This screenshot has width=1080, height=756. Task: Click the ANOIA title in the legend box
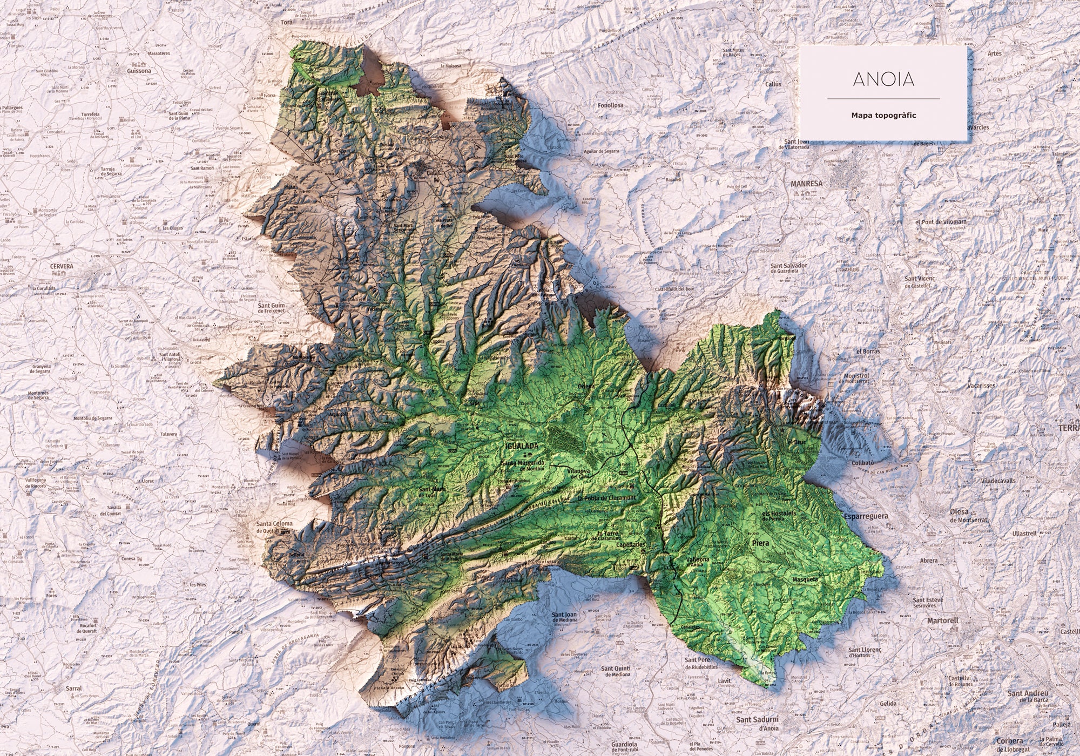[x=883, y=79]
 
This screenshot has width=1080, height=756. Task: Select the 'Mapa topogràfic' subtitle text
[x=883, y=115]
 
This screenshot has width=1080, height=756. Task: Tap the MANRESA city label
[x=806, y=184]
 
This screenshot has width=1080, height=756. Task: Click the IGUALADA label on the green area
[x=521, y=446]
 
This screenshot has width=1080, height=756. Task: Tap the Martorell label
[x=942, y=620]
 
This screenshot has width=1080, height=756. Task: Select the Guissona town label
[x=139, y=70]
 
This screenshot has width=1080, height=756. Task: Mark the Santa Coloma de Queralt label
[x=274, y=527]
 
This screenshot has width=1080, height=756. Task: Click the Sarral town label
[x=73, y=688]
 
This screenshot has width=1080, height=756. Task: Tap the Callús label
[x=773, y=84]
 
